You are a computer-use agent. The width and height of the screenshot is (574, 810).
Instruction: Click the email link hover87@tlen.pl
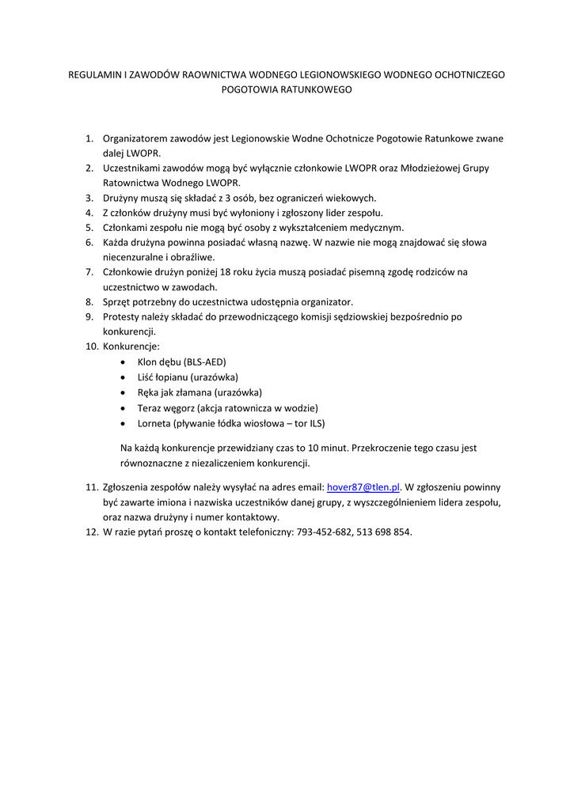click(363, 487)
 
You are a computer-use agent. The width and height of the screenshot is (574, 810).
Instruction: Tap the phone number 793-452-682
click(324, 532)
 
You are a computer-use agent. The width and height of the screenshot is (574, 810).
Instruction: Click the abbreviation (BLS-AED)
click(205, 361)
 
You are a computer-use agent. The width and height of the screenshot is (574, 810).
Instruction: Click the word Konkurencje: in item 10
click(131, 346)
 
